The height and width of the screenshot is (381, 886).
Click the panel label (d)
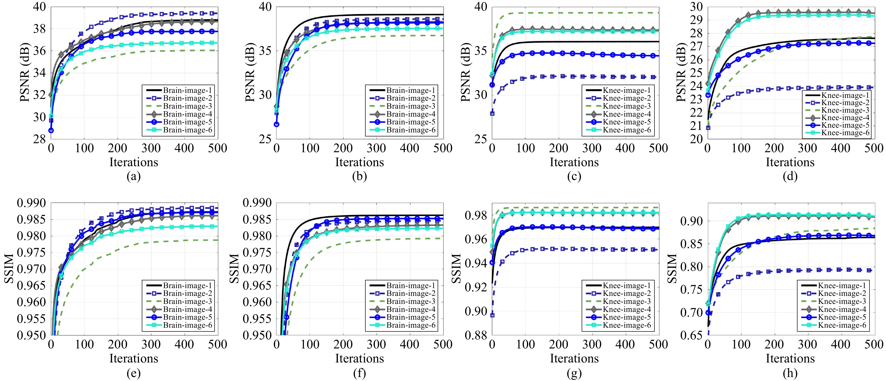click(790, 176)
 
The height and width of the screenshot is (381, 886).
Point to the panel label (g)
click(574, 373)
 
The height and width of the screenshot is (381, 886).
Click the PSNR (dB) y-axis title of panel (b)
click(250, 72)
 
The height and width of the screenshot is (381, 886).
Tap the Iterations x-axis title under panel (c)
click(574, 162)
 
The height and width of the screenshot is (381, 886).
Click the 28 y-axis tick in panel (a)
click(40, 139)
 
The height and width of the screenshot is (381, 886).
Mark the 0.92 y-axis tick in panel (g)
click(476, 287)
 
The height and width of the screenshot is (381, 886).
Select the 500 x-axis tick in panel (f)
click(443, 344)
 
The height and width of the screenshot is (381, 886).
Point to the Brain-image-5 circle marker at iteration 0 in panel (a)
click(51, 130)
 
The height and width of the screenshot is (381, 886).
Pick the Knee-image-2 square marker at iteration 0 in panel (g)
click(492, 315)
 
